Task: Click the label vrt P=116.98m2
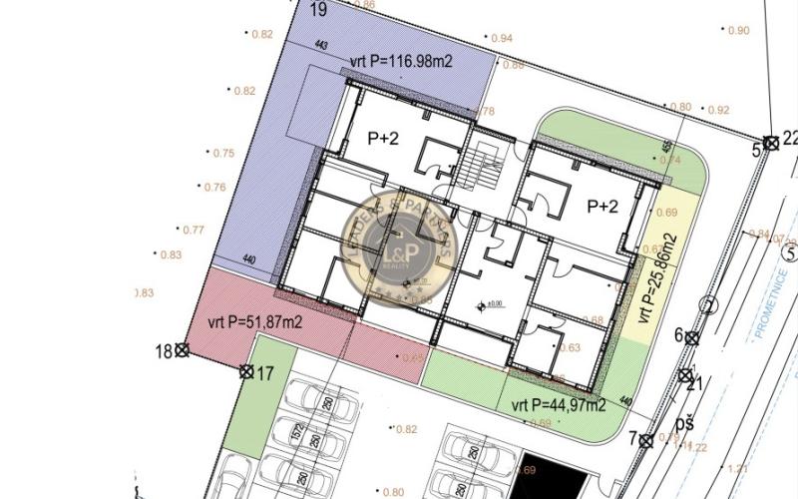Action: (x=402, y=62)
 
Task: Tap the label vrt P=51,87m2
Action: (x=254, y=321)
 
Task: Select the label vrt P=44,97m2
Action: (x=559, y=405)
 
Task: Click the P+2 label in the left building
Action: (x=383, y=140)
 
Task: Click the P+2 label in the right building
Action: (x=602, y=207)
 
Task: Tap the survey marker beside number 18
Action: (x=182, y=349)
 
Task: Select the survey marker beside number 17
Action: (x=245, y=372)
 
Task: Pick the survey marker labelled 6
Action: (x=692, y=338)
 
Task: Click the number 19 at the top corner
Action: (x=319, y=10)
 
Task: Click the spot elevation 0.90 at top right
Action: (x=738, y=31)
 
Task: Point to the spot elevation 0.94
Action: (x=501, y=38)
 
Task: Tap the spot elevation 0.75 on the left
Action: (x=222, y=153)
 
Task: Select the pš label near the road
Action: (x=683, y=424)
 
